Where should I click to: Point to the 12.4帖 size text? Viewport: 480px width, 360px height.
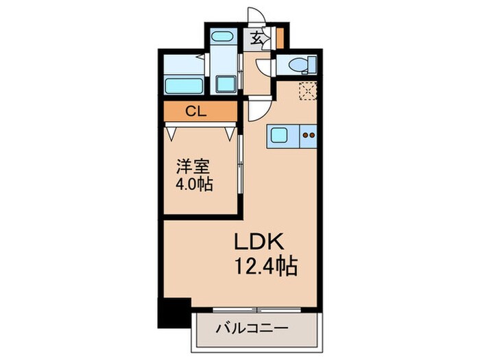266,265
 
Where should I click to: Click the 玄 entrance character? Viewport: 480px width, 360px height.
256,38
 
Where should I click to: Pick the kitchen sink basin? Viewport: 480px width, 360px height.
280,135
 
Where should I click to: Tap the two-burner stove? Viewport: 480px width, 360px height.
309,135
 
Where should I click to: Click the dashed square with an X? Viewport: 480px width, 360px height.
307,90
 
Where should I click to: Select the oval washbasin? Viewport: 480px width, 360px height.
221,37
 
